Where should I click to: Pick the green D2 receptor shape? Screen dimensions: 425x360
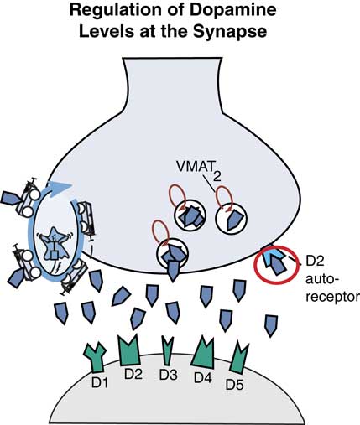[132, 350]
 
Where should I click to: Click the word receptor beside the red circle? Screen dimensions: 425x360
[333, 297]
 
